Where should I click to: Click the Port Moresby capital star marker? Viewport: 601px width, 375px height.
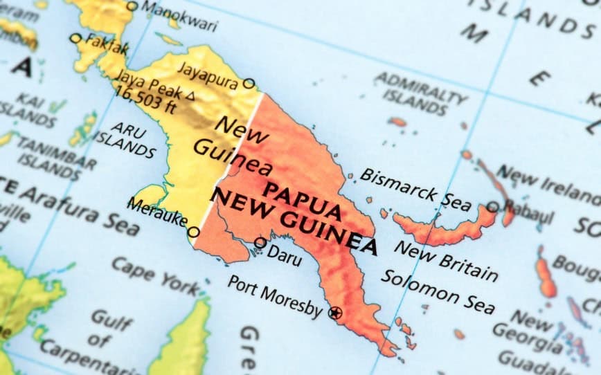coord(335,313)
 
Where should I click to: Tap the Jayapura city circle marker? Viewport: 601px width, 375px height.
coord(249,84)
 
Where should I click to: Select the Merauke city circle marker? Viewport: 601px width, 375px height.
coord(194,232)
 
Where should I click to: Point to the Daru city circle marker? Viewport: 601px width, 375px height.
coord(260,243)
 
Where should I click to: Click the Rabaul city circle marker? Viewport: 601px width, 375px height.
coord(492,207)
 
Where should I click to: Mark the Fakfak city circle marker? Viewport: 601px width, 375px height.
coord(75,39)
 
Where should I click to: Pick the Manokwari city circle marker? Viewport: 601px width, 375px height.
coord(132,6)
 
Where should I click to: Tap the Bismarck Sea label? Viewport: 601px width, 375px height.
coord(415,188)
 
